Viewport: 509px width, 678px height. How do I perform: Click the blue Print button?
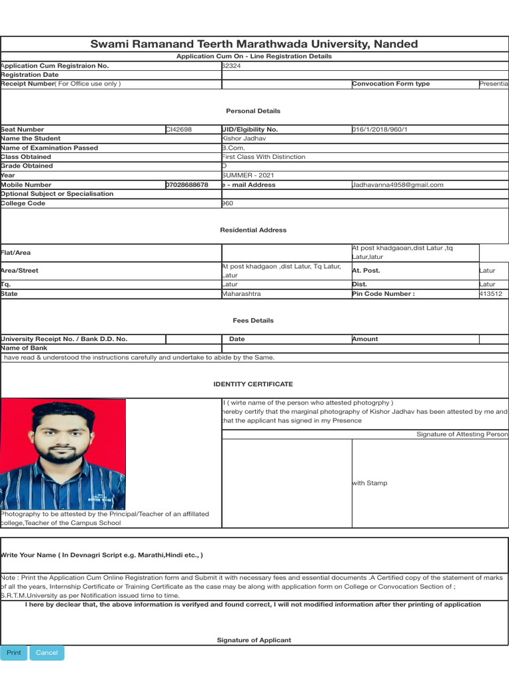click(14, 653)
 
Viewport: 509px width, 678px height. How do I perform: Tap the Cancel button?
click(46, 653)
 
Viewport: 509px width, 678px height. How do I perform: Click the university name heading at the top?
click(254, 44)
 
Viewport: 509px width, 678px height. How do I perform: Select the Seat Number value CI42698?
click(179, 130)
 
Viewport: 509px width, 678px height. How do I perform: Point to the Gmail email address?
click(398, 185)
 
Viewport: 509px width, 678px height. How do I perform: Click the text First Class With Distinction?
click(263, 157)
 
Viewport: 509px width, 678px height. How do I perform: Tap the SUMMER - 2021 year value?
click(248, 175)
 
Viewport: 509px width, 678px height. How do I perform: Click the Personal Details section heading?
click(253, 111)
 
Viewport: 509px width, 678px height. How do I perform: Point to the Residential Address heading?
click(253, 230)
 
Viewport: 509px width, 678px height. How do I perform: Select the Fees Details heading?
click(253, 320)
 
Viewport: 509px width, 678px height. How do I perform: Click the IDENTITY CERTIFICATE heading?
click(253, 384)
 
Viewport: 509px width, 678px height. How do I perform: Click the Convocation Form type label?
click(391, 84)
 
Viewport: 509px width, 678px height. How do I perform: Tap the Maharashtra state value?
click(241, 294)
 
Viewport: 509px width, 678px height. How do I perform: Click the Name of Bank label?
click(25, 348)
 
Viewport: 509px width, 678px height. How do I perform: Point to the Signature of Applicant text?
click(254, 640)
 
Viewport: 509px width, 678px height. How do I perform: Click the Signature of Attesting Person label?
click(462, 434)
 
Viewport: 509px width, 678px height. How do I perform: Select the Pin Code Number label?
click(384, 294)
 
